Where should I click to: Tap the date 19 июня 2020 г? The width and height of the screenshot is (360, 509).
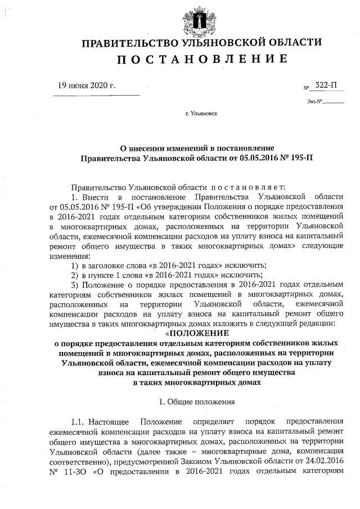(x=87, y=85)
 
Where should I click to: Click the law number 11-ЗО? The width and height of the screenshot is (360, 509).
(x=78, y=470)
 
